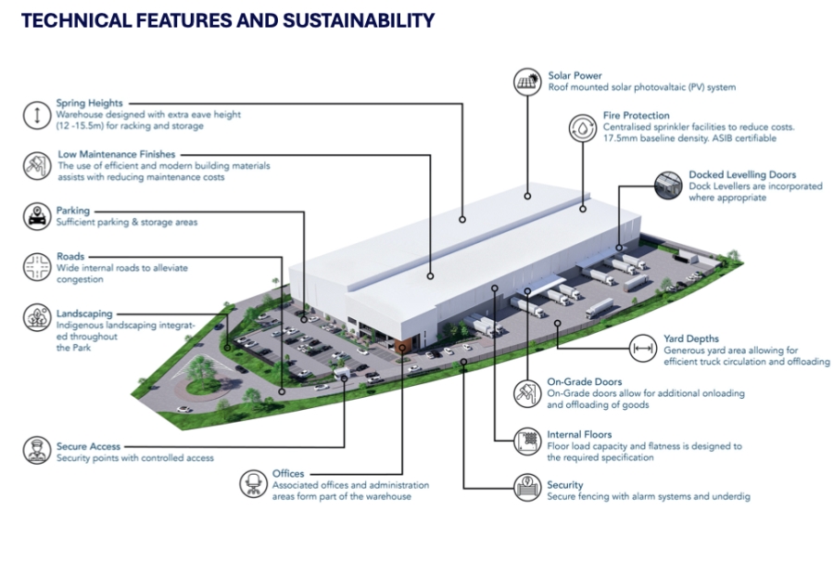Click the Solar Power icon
526,82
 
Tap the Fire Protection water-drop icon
582,127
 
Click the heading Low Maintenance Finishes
116,154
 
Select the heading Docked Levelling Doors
741,174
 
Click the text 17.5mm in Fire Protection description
594,138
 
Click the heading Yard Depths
691,339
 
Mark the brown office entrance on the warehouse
400,346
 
